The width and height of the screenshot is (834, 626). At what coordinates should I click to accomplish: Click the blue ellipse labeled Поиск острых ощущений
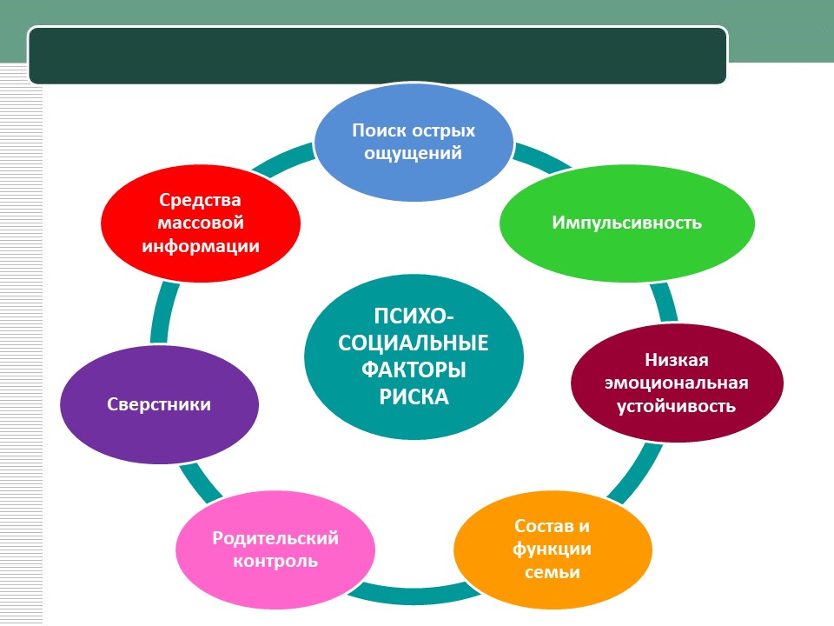414,142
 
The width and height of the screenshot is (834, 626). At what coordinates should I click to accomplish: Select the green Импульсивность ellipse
626,223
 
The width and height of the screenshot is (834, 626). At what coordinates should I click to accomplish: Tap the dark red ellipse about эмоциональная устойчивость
677,383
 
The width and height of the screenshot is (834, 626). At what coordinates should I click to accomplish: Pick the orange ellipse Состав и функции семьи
553,549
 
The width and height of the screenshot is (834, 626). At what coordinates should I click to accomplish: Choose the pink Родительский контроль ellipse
275,549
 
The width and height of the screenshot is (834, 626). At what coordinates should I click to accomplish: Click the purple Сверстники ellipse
159,404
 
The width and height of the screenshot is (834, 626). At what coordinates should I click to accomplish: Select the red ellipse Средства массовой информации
201,223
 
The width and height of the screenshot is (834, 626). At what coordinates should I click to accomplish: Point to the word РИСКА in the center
414,397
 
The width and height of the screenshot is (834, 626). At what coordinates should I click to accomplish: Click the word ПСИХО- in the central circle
414,316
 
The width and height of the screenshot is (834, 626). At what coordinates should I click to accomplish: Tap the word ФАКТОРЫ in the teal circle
414,370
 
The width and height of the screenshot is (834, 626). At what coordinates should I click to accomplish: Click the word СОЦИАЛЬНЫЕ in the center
414,343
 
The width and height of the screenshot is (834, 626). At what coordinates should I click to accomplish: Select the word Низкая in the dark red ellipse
677,360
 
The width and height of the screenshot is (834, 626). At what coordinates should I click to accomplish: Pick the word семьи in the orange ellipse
553,573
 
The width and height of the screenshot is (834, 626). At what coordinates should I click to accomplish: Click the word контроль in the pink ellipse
275,561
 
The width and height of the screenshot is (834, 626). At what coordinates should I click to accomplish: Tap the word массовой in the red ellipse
201,223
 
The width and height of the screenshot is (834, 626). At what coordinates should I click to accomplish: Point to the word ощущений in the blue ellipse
414,154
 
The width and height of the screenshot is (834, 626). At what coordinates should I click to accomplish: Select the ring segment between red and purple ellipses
162,314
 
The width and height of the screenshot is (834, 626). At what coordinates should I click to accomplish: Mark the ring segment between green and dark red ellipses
665,303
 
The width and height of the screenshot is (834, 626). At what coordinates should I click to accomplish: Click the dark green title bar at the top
378,56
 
